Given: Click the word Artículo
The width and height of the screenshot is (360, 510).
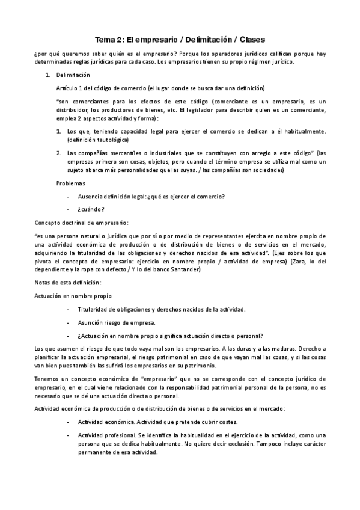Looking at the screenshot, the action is pyautogui.click(x=66, y=88).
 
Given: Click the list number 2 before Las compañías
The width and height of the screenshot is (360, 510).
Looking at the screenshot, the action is pyautogui.click(x=58, y=153).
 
